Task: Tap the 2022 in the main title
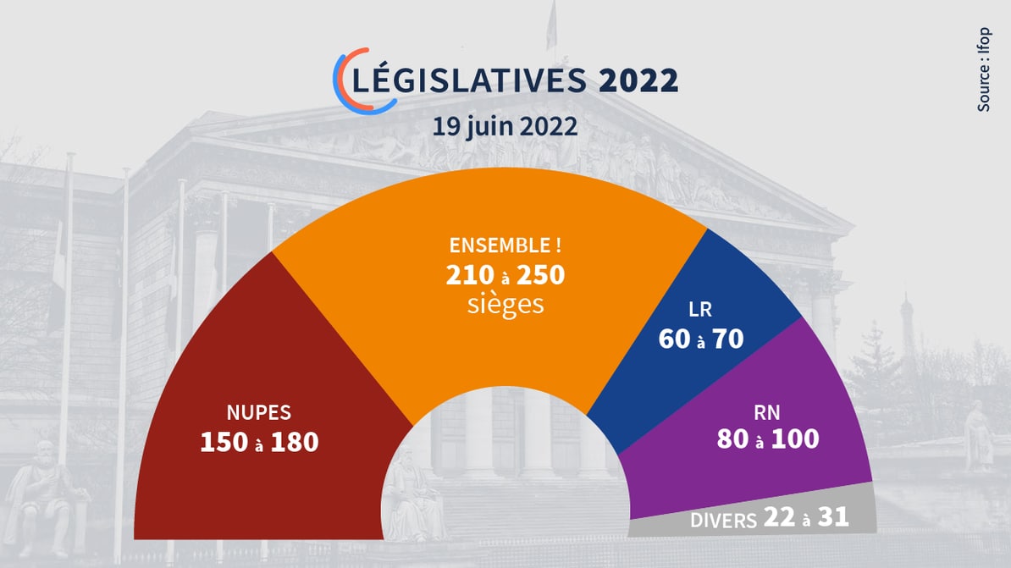tap(638, 80)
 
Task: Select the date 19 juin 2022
tap(505, 127)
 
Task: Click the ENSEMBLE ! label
tap(505, 247)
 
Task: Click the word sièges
tap(505, 304)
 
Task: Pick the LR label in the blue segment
tap(700, 310)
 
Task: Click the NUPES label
tap(258, 413)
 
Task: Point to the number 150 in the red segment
tap(224, 442)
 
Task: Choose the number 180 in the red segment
tap(295, 442)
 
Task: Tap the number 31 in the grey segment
tap(831, 517)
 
